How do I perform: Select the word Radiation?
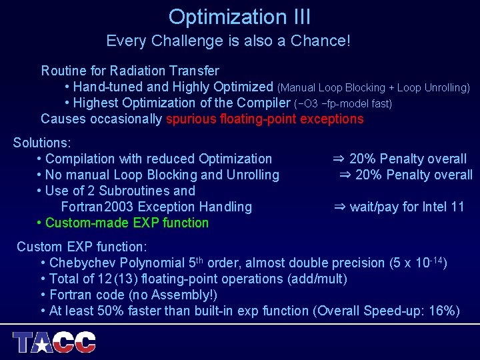[x=137, y=71]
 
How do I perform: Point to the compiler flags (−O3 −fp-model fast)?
[x=343, y=103]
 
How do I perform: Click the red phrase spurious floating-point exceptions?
[x=265, y=119]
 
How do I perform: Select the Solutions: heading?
[x=42, y=143]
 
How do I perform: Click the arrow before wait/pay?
[x=339, y=207]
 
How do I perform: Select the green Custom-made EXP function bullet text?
[x=127, y=223]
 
